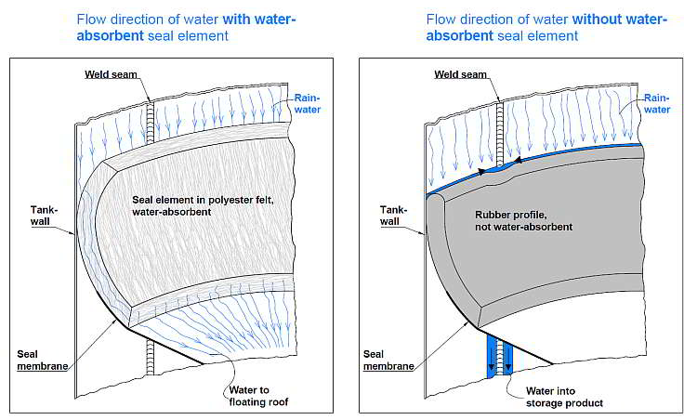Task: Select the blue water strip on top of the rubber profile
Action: [x=558, y=157]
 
